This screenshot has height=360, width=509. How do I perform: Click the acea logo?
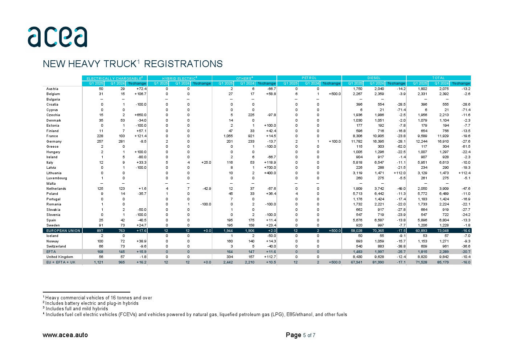57,37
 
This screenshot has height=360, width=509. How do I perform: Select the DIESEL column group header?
374,78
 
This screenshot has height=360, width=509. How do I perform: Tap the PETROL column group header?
309,78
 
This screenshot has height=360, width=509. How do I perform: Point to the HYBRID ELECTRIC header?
179,78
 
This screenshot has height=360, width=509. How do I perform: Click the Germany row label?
54,142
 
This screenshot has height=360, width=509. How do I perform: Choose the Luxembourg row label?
57,178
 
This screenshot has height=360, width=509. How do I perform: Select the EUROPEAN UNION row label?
63,231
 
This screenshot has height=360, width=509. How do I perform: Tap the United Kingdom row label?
59,257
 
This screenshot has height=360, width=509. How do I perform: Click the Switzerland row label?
56,246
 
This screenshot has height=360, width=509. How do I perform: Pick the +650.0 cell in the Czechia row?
140,115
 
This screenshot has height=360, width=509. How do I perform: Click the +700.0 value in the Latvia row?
270,168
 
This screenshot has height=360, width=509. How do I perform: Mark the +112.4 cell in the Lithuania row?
464,173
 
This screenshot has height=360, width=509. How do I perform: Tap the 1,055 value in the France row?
228,136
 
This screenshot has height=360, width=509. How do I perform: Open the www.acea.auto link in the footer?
65,335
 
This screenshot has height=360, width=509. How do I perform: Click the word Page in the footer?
294,335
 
